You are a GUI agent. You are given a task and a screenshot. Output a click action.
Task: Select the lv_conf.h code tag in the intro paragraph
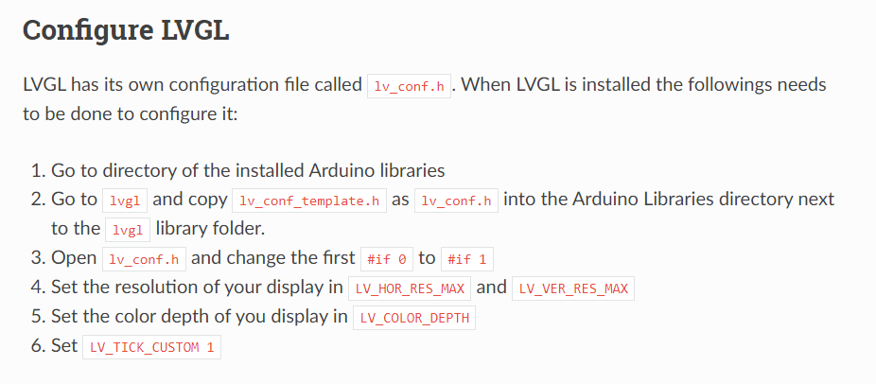(410, 86)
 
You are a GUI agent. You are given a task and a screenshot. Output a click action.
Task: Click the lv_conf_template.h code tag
(309, 201)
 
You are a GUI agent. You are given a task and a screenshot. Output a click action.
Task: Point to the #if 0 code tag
(386, 258)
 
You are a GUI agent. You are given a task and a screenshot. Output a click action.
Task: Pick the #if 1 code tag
(467, 258)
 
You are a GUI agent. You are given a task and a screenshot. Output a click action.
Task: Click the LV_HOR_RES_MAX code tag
(409, 288)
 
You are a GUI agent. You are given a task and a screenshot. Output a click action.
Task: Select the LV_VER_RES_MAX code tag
(572, 288)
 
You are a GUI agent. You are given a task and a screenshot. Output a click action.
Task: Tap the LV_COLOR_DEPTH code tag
(413, 318)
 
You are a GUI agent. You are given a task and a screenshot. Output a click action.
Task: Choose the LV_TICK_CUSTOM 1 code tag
(151, 347)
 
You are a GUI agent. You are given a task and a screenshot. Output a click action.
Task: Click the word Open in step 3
(74, 257)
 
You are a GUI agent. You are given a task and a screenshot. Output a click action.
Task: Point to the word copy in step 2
(207, 200)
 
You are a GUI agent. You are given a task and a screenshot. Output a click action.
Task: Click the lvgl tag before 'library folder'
(125, 230)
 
